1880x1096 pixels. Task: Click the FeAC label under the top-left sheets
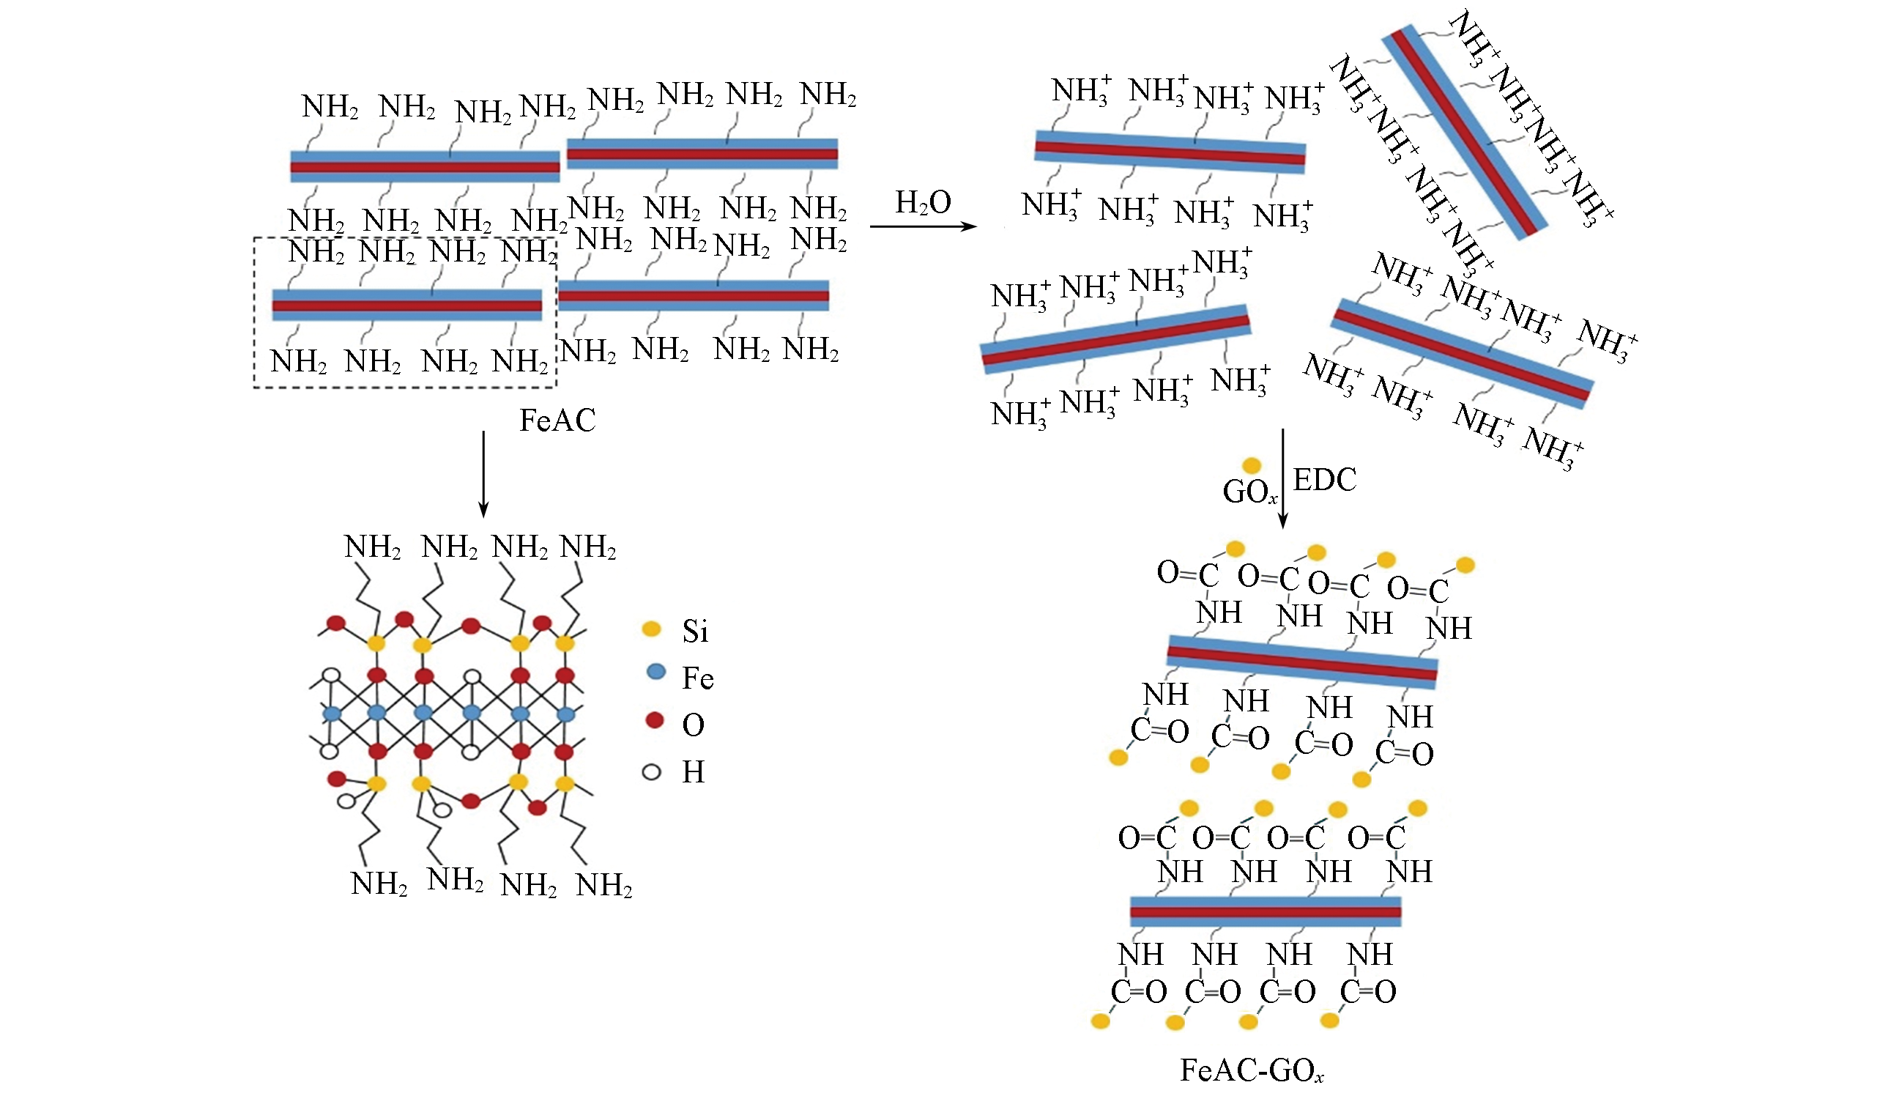(557, 421)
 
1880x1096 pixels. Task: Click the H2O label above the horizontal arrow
(923, 203)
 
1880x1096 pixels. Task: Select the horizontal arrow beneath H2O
(923, 226)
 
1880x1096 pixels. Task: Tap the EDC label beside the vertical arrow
(1324, 480)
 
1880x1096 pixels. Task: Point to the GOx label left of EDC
(1249, 492)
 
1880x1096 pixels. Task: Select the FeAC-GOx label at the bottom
(1252, 1070)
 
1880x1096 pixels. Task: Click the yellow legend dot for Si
(651, 629)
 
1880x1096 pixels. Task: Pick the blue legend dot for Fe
(655, 672)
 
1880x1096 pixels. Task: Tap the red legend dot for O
(654, 720)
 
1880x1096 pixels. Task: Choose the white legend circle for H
(651, 772)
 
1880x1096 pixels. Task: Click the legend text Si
(694, 632)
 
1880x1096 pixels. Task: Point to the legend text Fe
(697, 678)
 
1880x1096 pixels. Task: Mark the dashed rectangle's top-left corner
(255, 239)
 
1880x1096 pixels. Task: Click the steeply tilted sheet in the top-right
(1465, 132)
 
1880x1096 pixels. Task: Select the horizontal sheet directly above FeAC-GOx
(1266, 911)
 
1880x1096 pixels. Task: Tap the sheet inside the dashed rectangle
(407, 306)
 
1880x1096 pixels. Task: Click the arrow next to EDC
(1283, 478)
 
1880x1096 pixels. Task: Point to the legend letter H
(693, 772)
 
